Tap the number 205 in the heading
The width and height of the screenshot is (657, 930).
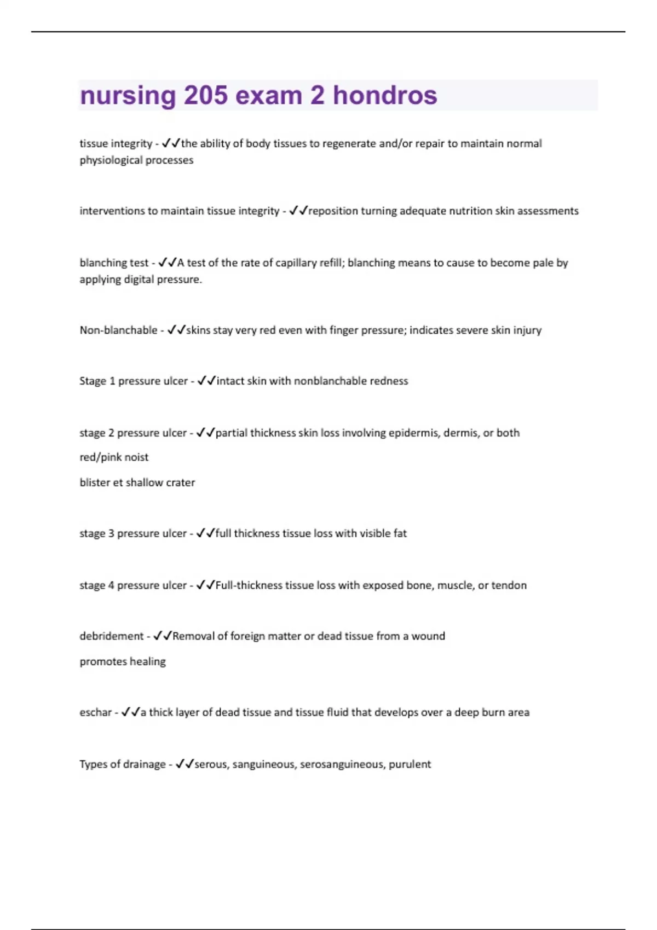click(x=205, y=96)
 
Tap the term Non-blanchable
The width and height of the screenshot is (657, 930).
click(x=118, y=330)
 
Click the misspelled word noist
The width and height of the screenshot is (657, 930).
click(x=136, y=457)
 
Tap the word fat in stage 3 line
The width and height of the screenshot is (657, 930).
click(x=400, y=533)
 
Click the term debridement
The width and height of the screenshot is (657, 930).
click(x=111, y=636)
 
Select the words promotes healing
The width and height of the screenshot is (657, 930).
click(x=123, y=662)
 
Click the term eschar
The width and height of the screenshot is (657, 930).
click(x=95, y=712)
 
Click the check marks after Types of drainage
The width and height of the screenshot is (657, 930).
click(x=185, y=764)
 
